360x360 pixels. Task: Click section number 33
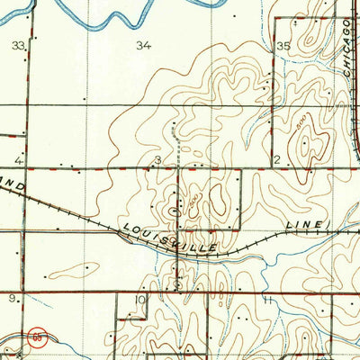[17, 44]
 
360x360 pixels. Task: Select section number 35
[284, 44]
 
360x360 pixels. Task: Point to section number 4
[17, 160]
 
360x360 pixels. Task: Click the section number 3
[157, 160]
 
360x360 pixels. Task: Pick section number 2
[277, 160]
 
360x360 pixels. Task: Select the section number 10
[139, 299]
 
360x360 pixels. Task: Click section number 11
[267, 298]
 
